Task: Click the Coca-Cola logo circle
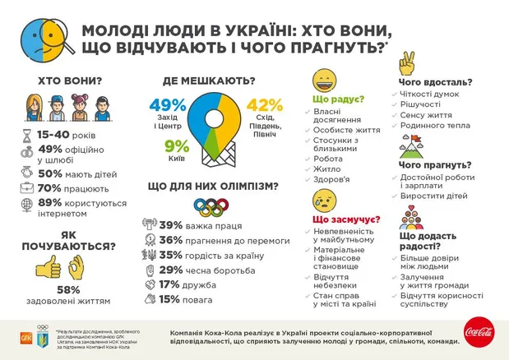click(479, 332)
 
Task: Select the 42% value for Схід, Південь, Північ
click(264, 106)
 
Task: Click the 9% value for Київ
click(177, 147)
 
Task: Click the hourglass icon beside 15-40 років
click(28, 134)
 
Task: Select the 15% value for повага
click(171, 299)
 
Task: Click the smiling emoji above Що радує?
click(323, 83)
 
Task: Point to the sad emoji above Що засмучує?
click(323, 201)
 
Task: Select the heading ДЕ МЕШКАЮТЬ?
click(208, 81)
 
